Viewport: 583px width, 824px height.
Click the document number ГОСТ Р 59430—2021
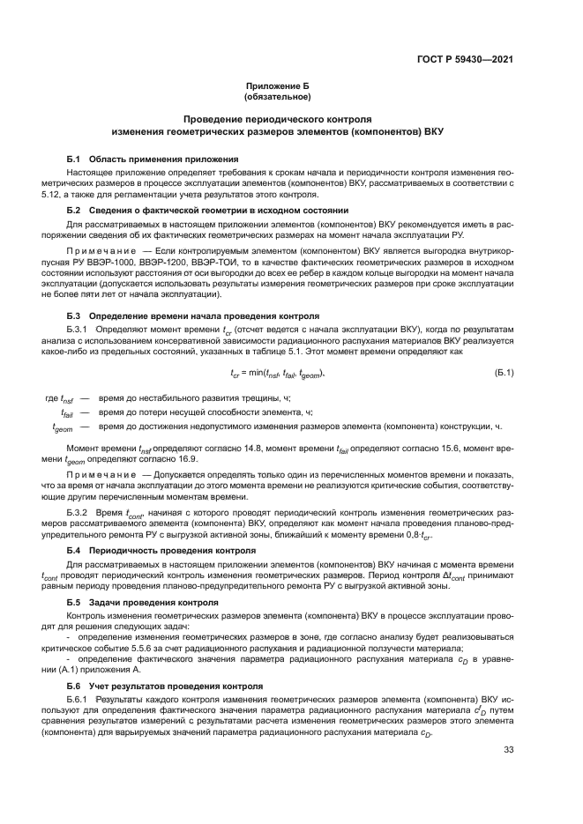point(465,60)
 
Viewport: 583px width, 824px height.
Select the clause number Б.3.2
point(78,512)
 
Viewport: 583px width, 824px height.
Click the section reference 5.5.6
point(165,648)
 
